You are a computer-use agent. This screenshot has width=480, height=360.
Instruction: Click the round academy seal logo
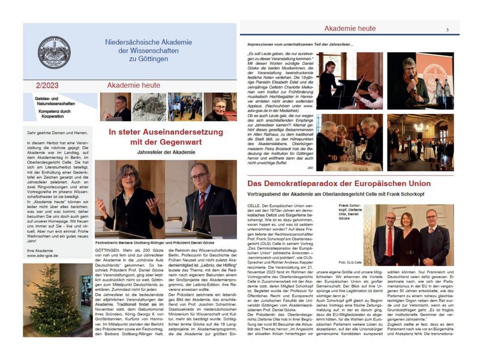pos(54,53)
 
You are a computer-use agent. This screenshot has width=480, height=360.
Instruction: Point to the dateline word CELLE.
pos(255,205)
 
